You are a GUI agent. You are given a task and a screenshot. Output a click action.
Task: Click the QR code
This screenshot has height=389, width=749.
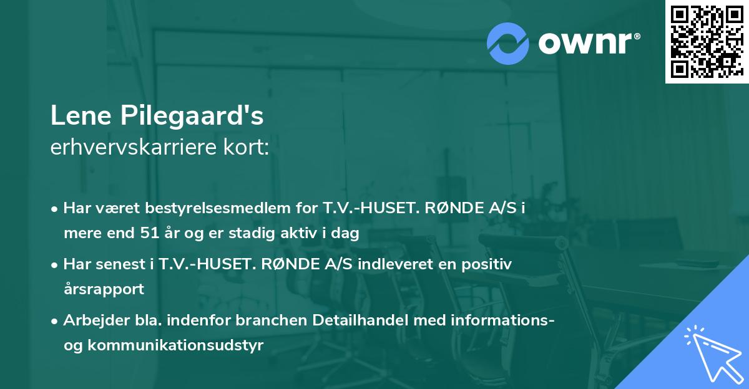pos(707,41)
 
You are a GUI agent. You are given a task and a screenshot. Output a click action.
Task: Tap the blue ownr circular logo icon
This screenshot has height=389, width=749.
pos(508,43)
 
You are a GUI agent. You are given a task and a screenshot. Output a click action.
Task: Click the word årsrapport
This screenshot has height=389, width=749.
pos(104,289)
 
